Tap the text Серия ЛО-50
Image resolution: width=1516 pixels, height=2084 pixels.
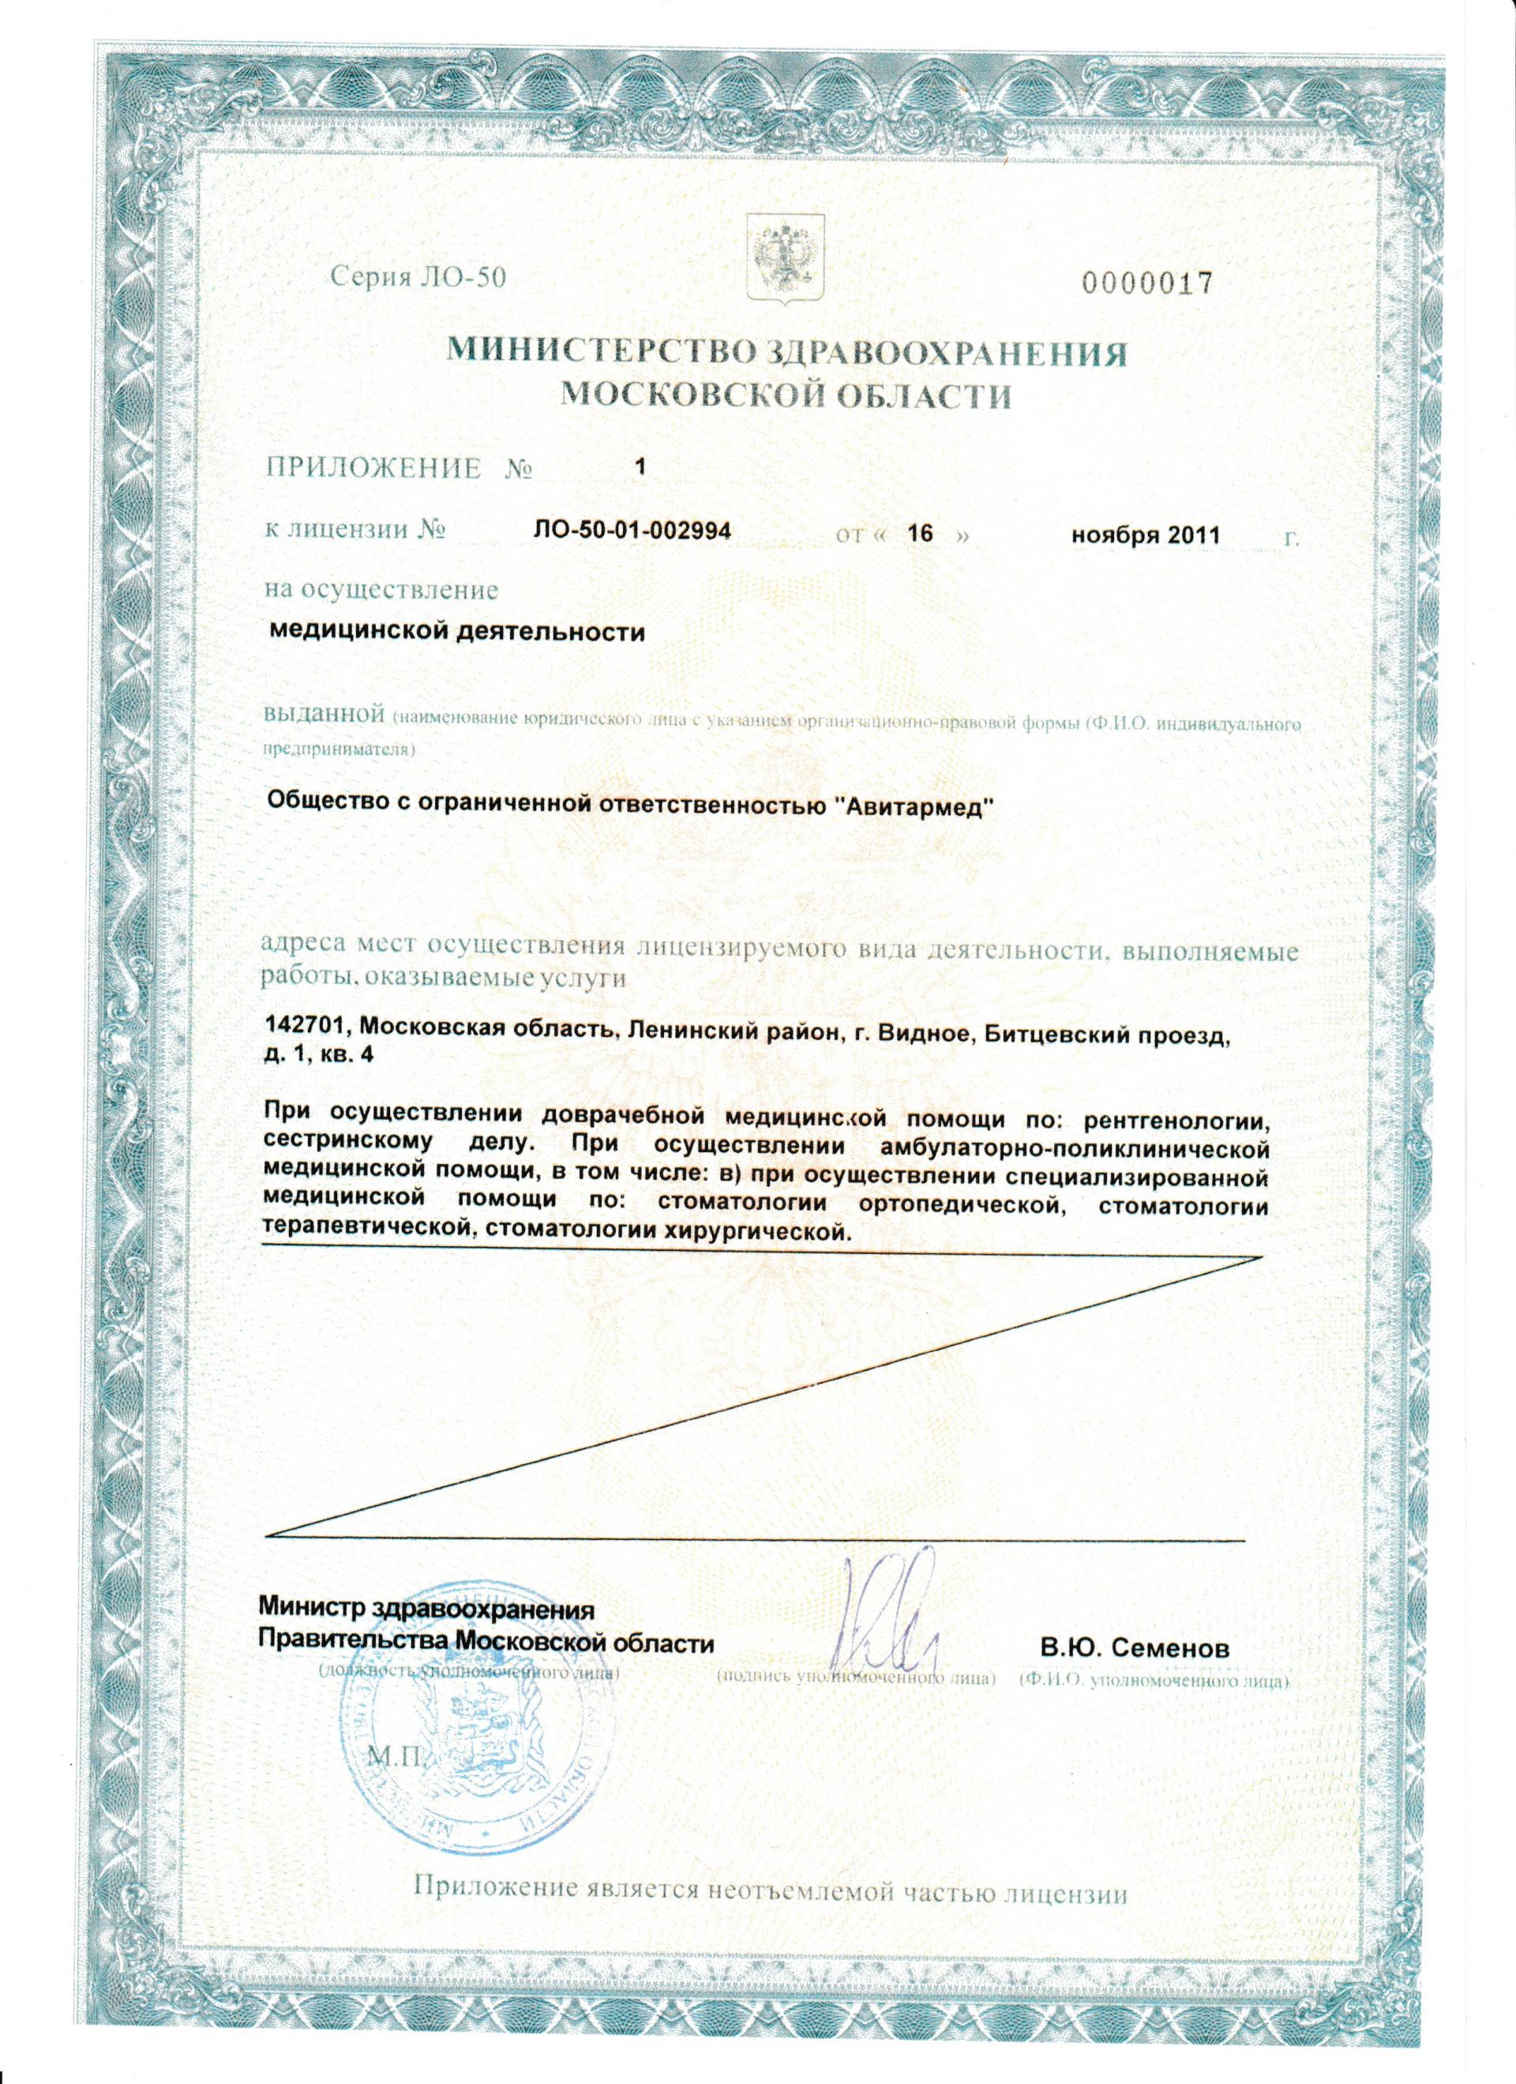(x=418, y=277)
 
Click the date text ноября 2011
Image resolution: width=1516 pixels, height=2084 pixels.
(x=1145, y=535)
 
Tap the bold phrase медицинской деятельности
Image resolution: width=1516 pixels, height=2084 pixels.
(x=456, y=633)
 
